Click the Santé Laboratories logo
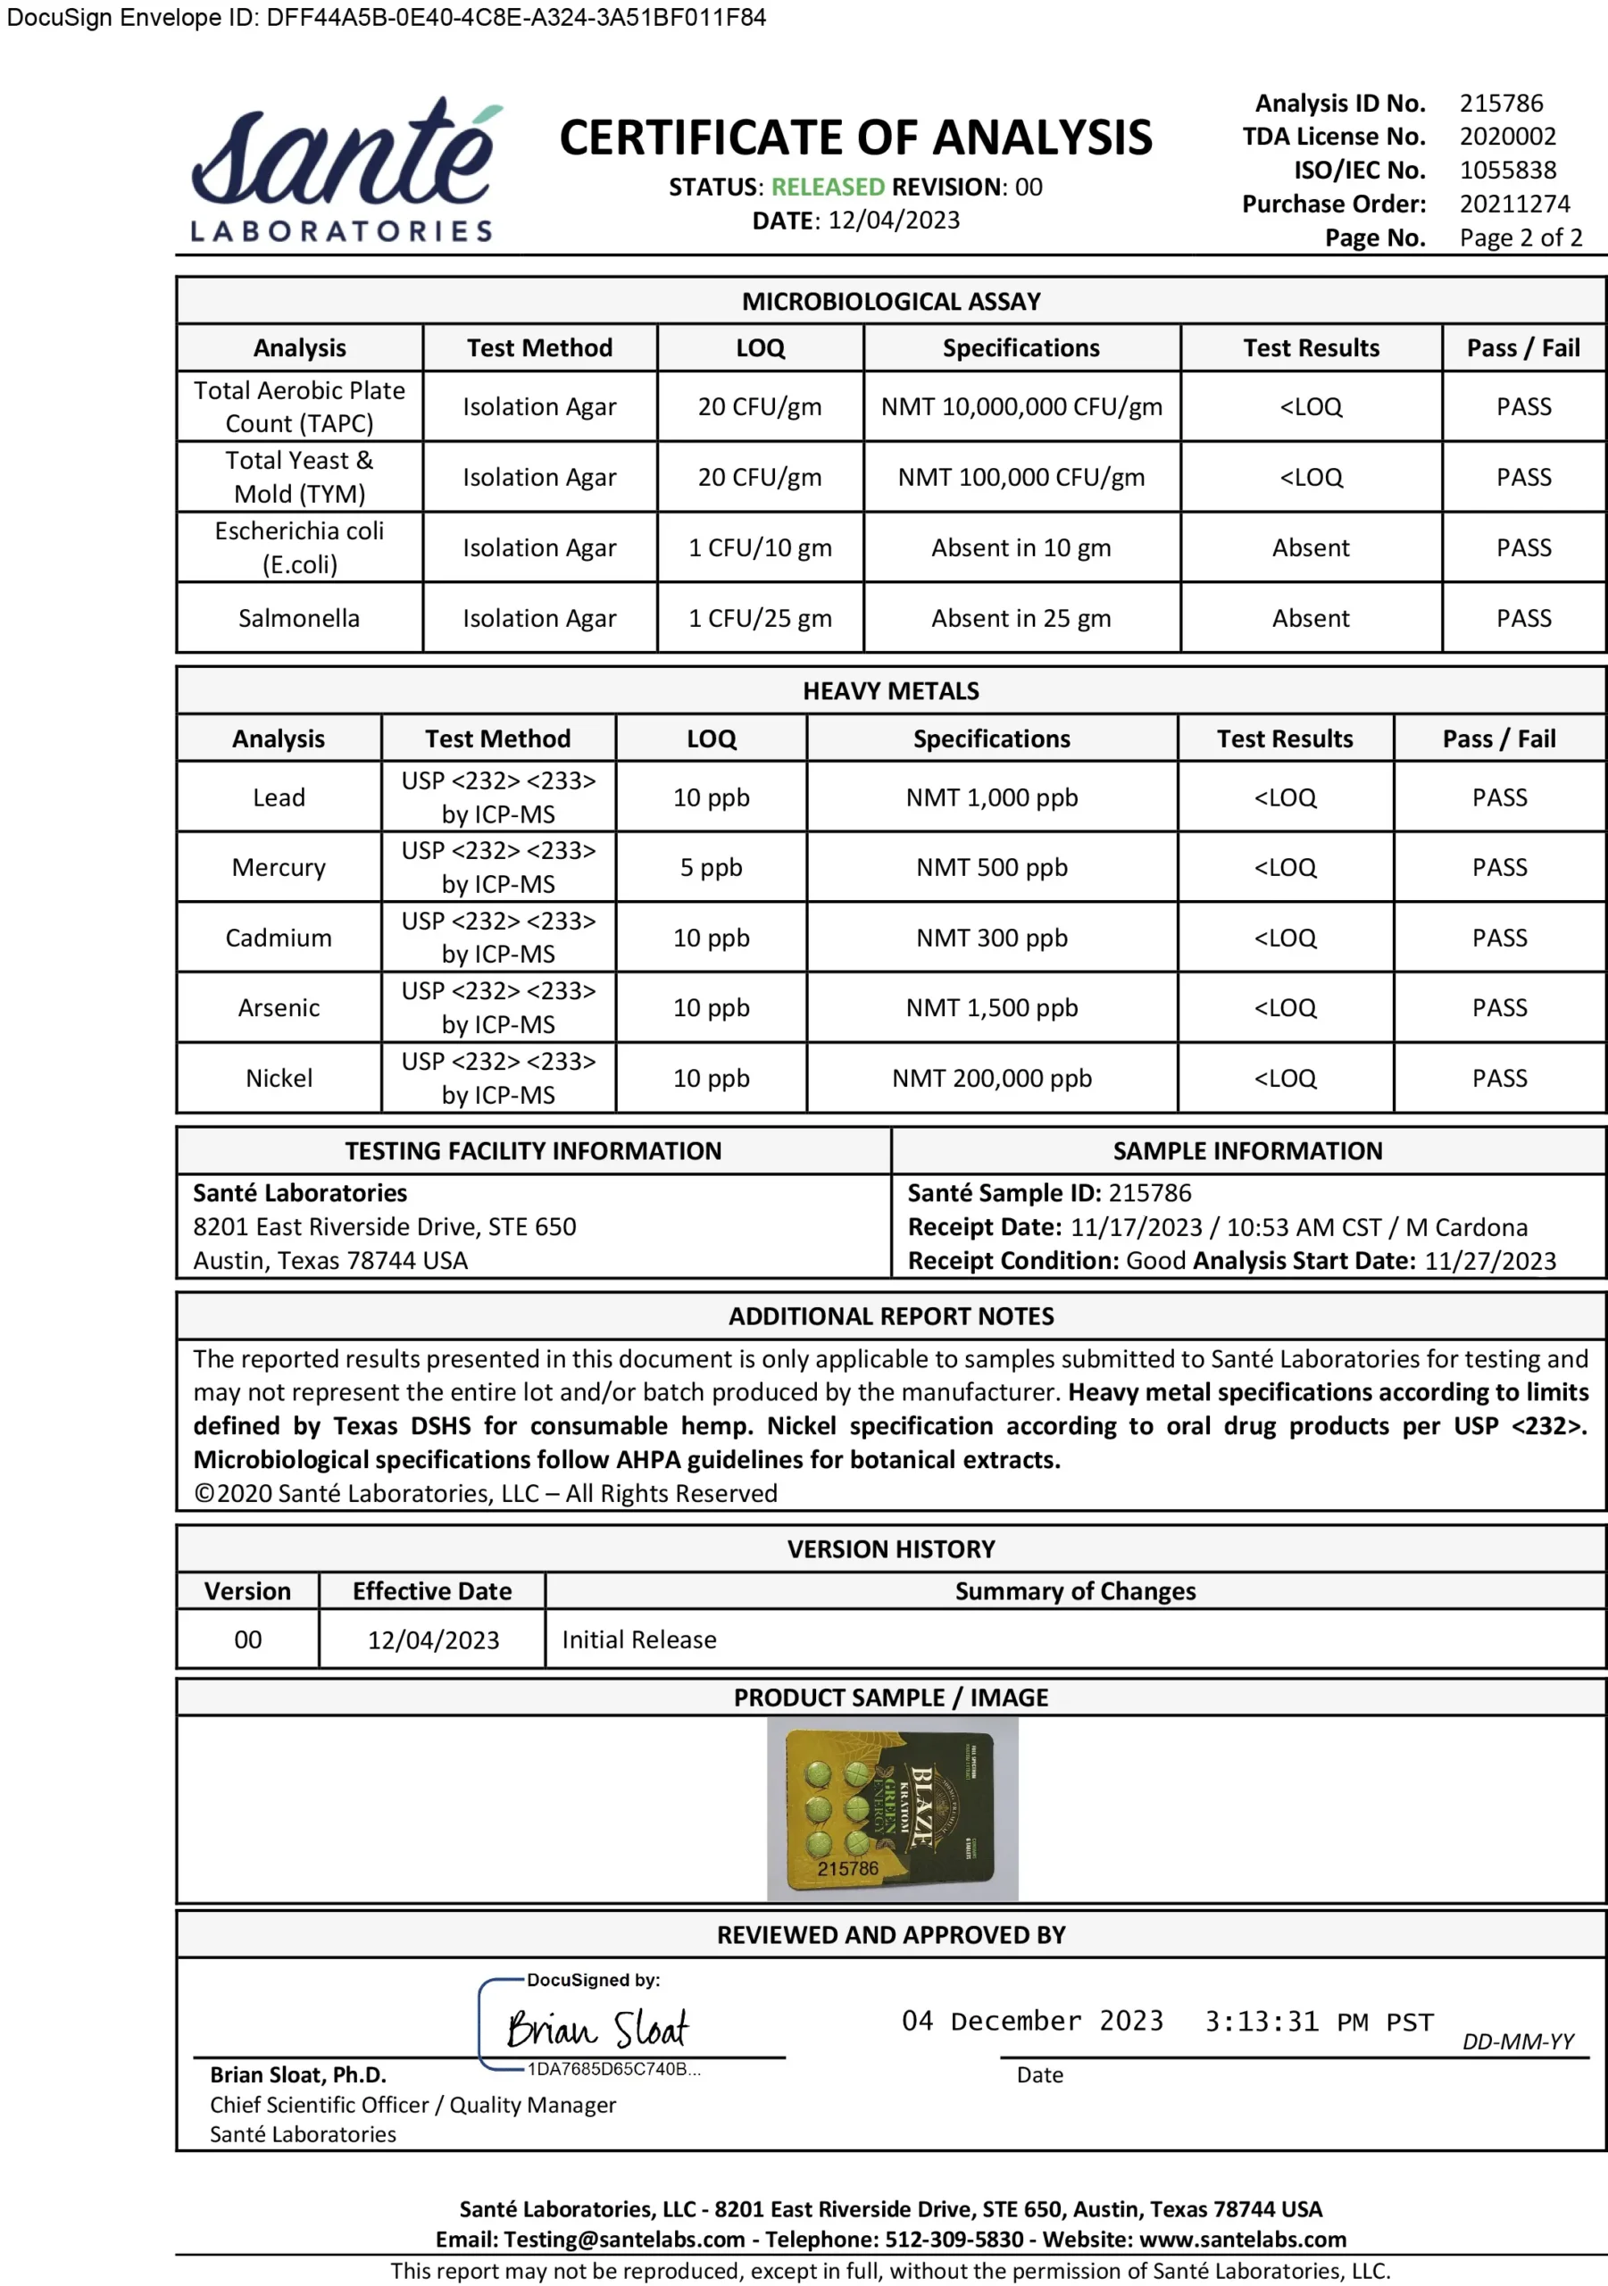click(x=344, y=171)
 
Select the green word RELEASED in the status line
click(x=828, y=188)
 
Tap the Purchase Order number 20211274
click(x=1514, y=204)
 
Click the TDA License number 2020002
click(x=1507, y=137)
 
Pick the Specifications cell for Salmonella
click(x=1021, y=618)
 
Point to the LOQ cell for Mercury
click(x=711, y=867)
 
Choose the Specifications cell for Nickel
click(x=992, y=1079)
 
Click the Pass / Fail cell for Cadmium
click(x=1498, y=938)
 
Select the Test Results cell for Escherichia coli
click(x=1311, y=547)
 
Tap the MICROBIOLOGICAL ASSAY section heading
click(x=891, y=302)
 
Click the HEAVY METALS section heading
click(x=891, y=691)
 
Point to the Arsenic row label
click(x=279, y=1007)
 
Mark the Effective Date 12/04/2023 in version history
click(x=433, y=1639)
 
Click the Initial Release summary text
click(x=639, y=1639)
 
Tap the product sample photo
click(x=892, y=1809)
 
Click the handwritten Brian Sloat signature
click(x=597, y=2028)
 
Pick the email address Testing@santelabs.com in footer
click(x=624, y=2240)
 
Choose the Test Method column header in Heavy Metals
click(x=498, y=738)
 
